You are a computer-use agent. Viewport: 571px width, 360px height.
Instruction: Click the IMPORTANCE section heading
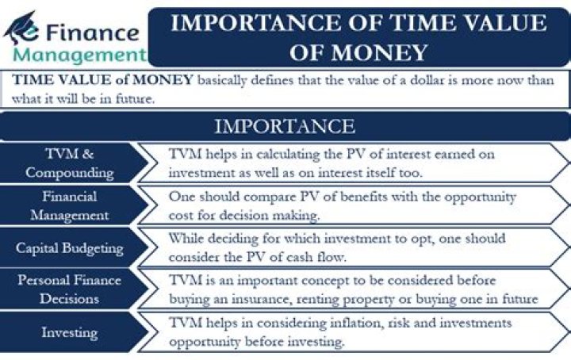tap(285, 126)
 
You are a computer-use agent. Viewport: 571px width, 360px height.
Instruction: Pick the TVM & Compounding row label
tap(70, 163)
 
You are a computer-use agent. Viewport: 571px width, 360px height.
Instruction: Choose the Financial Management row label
tap(70, 205)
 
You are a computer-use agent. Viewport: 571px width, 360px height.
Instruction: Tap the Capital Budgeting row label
tap(70, 247)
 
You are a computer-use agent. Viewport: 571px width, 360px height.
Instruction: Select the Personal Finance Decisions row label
tap(70, 289)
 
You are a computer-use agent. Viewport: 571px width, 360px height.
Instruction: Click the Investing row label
tap(70, 332)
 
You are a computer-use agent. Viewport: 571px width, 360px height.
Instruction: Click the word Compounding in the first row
tap(70, 172)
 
